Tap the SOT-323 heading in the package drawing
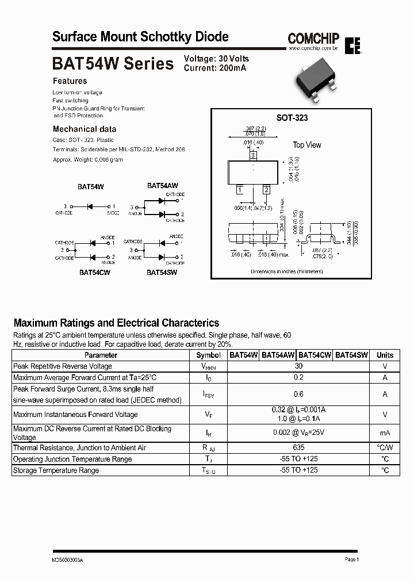pyautogui.click(x=292, y=118)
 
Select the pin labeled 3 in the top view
pyautogui.click(x=253, y=155)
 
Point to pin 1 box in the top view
pyautogui.click(x=239, y=189)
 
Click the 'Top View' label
pyautogui.click(x=307, y=145)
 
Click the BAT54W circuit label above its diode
pyautogui.click(x=90, y=187)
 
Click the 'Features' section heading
pyautogui.click(x=70, y=81)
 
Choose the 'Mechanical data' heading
pyautogui.click(x=85, y=129)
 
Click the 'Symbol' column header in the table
pyautogui.click(x=208, y=355)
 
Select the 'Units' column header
pyautogui.click(x=385, y=355)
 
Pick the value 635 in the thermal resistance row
pyautogui.click(x=298, y=447)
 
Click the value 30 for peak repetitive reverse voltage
pyautogui.click(x=298, y=366)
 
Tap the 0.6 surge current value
pyautogui.click(x=298, y=394)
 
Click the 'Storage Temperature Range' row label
pyautogui.click(x=56, y=470)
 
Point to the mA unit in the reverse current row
pyautogui.click(x=385, y=432)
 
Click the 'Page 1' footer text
pyautogui.click(x=352, y=559)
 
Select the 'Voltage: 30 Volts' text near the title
pyautogui.click(x=216, y=59)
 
